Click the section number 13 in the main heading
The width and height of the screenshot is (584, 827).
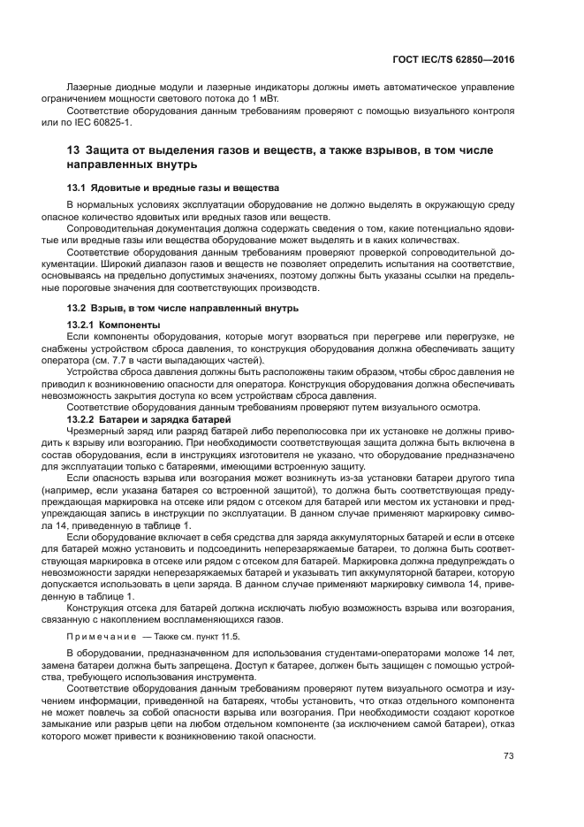(x=73, y=150)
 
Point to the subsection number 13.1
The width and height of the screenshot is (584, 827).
(x=77, y=188)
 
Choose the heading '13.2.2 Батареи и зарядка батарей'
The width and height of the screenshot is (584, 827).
(x=148, y=418)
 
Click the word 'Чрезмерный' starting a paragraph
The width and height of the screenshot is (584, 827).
(x=95, y=430)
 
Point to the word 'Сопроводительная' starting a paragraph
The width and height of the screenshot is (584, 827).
(x=107, y=228)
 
